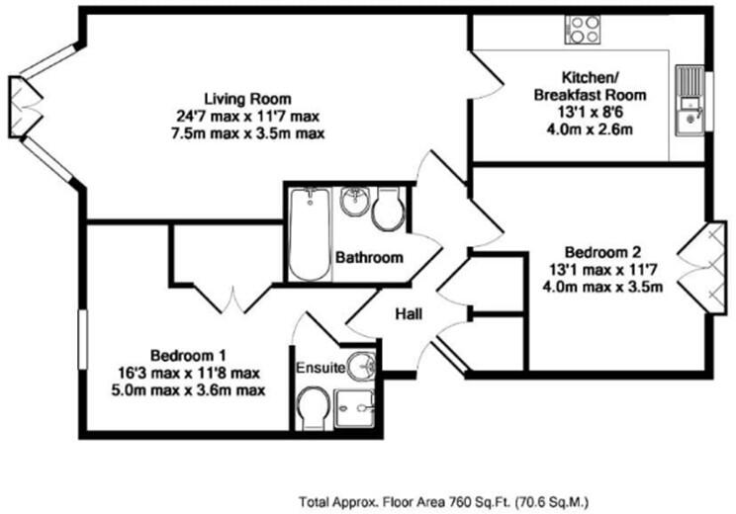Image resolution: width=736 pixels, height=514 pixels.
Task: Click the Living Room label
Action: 247,99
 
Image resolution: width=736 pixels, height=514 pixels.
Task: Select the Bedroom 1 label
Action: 189,355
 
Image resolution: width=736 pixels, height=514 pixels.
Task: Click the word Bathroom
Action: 369,258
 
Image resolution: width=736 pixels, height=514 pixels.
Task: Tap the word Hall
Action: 410,314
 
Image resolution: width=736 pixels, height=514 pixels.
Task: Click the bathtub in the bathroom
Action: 309,235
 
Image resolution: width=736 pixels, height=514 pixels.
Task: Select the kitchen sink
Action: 688,105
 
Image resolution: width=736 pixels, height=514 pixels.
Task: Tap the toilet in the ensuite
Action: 314,404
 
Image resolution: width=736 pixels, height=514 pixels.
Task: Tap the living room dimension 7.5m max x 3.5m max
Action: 247,132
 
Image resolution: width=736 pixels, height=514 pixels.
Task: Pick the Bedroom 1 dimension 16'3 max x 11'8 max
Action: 189,373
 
